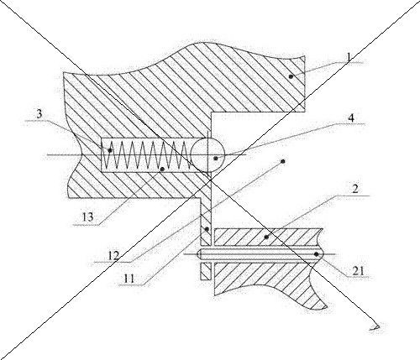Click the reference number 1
click(x=349, y=57)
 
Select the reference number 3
click(x=39, y=114)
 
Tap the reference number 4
click(x=351, y=118)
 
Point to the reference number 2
click(x=354, y=190)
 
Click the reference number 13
click(x=87, y=217)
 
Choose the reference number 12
click(x=113, y=255)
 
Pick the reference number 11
click(x=129, y=279)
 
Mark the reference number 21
click(x=358, y=271)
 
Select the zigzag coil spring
click(x=144, y=155)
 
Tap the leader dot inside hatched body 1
click(x=291, y=76)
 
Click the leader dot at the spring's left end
click(x=110, y=150)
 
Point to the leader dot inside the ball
click(x=216, y=159)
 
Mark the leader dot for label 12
click(x=283, y=161)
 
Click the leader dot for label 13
click(x=162, y=170)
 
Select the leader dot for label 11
click(x=207, y=229)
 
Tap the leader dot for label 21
click(x=316, y=254)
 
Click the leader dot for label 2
click(x=266, y=237)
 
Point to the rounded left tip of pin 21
click(x=197, y=254)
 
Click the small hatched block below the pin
click(x=206, y=271)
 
